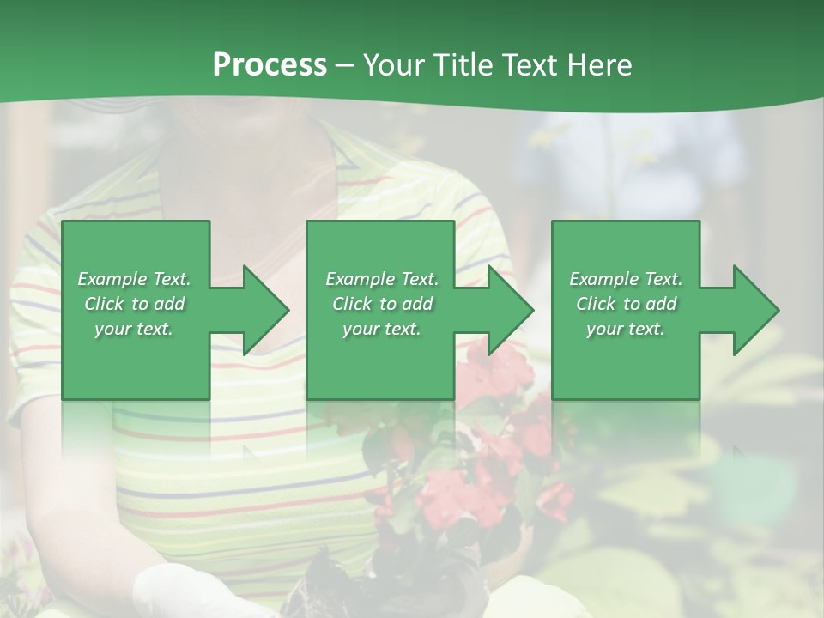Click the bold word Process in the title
tap(270, 65)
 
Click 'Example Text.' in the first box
tap(134, 279)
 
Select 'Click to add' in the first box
tap(134, 304)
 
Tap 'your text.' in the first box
tap(134, 329)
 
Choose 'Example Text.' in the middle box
tap(382, 279)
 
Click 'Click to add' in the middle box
tap(382, 304)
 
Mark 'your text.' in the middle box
tap(382, 329)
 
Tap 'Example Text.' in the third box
tap(626, 279)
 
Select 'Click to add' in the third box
tap(626, 304)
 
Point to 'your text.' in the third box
tap(626, 329)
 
